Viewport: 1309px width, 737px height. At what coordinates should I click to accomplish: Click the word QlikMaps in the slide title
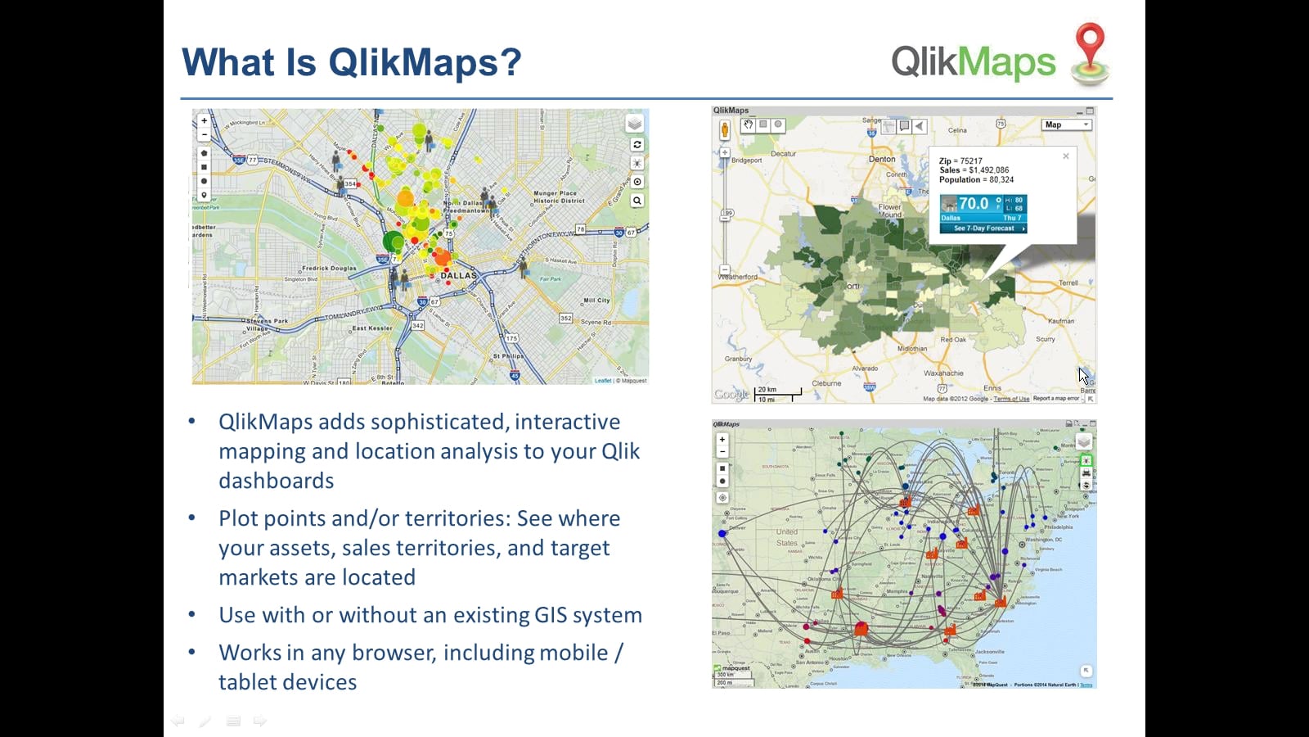pos(425,62)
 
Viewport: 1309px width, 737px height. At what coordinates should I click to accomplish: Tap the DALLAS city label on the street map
pos(458,276)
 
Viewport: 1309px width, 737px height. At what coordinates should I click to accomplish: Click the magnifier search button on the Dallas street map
pos(637,201)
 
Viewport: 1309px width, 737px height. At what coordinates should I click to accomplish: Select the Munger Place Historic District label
pos(560,197)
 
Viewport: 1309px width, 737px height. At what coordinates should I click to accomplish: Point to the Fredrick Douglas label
pos(329,268)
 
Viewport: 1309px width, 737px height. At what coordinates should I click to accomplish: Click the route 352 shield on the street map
pos(566,318)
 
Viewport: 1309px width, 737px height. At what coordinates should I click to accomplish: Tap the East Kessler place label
pos(372,328)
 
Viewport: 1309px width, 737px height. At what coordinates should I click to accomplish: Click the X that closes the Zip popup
pos(1066,156)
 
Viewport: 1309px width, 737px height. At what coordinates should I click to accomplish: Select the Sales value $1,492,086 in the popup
pos(989,170)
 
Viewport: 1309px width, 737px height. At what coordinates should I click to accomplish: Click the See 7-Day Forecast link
pos(984,228)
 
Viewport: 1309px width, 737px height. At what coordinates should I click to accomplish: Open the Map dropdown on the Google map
pos(1067,125)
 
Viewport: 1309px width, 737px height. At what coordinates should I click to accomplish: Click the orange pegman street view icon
pos(725,129)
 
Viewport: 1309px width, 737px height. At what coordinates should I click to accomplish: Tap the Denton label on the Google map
pos(882,160)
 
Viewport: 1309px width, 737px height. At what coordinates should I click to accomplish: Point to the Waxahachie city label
pos(943,373)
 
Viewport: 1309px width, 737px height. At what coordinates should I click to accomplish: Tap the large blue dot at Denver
pos(722,533)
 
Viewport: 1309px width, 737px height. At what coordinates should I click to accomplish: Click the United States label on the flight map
pos(787,537)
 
